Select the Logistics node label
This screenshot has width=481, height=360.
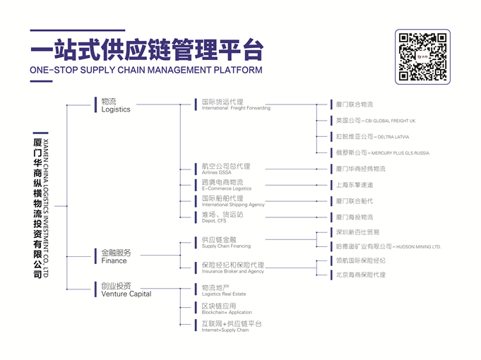click(116, 109)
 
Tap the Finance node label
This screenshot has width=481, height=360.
click(114, 260)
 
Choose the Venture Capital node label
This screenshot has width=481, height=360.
click(126, 294)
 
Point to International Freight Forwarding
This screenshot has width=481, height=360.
click(236, 108)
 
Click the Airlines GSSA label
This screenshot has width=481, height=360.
click(216, 172)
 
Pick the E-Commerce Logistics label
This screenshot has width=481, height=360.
click(226, 188)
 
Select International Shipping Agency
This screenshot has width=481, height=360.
click(233, 205)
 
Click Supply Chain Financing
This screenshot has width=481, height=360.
click(226, 246)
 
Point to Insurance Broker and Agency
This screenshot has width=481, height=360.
click(232, 271)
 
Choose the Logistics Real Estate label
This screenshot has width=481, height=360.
click(223, 294)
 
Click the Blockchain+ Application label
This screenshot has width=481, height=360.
click(226, 312)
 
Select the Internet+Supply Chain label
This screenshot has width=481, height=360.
click(225, 330)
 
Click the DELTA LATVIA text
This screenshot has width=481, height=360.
click(393, 137)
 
